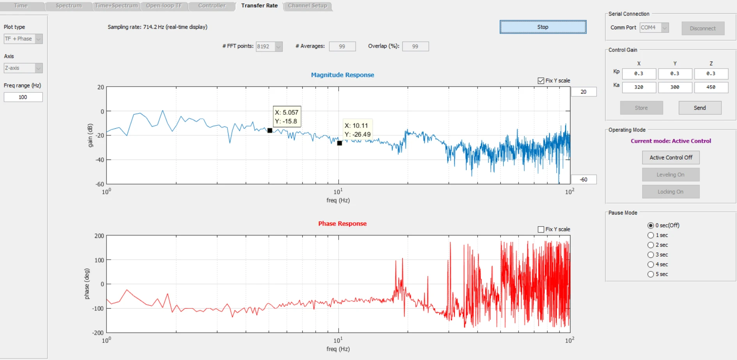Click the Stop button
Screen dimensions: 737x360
click(543, 27)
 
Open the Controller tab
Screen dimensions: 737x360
click(212, 6)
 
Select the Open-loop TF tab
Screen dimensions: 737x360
click(164, 6)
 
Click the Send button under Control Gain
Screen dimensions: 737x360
click(700, 108)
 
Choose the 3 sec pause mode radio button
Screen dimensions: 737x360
click(650, 255)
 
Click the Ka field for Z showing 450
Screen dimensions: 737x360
click(711, 87)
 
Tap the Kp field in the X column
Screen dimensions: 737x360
click(639, 74)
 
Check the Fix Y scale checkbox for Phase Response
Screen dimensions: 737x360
click(541, 229)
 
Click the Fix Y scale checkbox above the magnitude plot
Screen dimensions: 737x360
click(541, 81)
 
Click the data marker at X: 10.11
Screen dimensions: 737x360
click(339, 143)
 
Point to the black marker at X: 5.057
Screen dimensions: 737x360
click(270, 130)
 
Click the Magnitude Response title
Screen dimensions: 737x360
click(343, 75)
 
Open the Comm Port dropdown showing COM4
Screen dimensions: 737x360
click(654, 28)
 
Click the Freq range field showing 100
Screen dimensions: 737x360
click(23, 97)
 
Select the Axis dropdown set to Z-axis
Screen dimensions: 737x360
click(23, 68)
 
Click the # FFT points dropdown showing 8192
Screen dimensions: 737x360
click(269, 46)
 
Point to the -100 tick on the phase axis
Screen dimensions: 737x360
click(98, 309)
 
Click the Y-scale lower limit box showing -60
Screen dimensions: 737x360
click(584, 179)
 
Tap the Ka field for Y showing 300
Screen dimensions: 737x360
click(675, 87)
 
